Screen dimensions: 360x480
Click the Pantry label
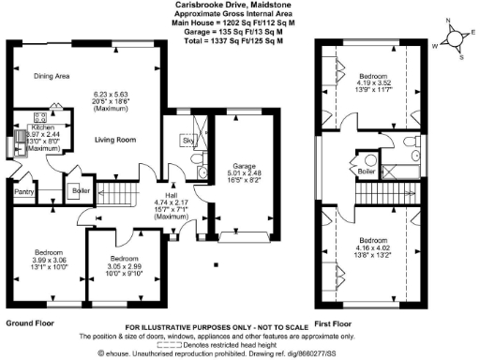22,195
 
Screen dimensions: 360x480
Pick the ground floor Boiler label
81,192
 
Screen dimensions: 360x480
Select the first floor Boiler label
367,172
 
